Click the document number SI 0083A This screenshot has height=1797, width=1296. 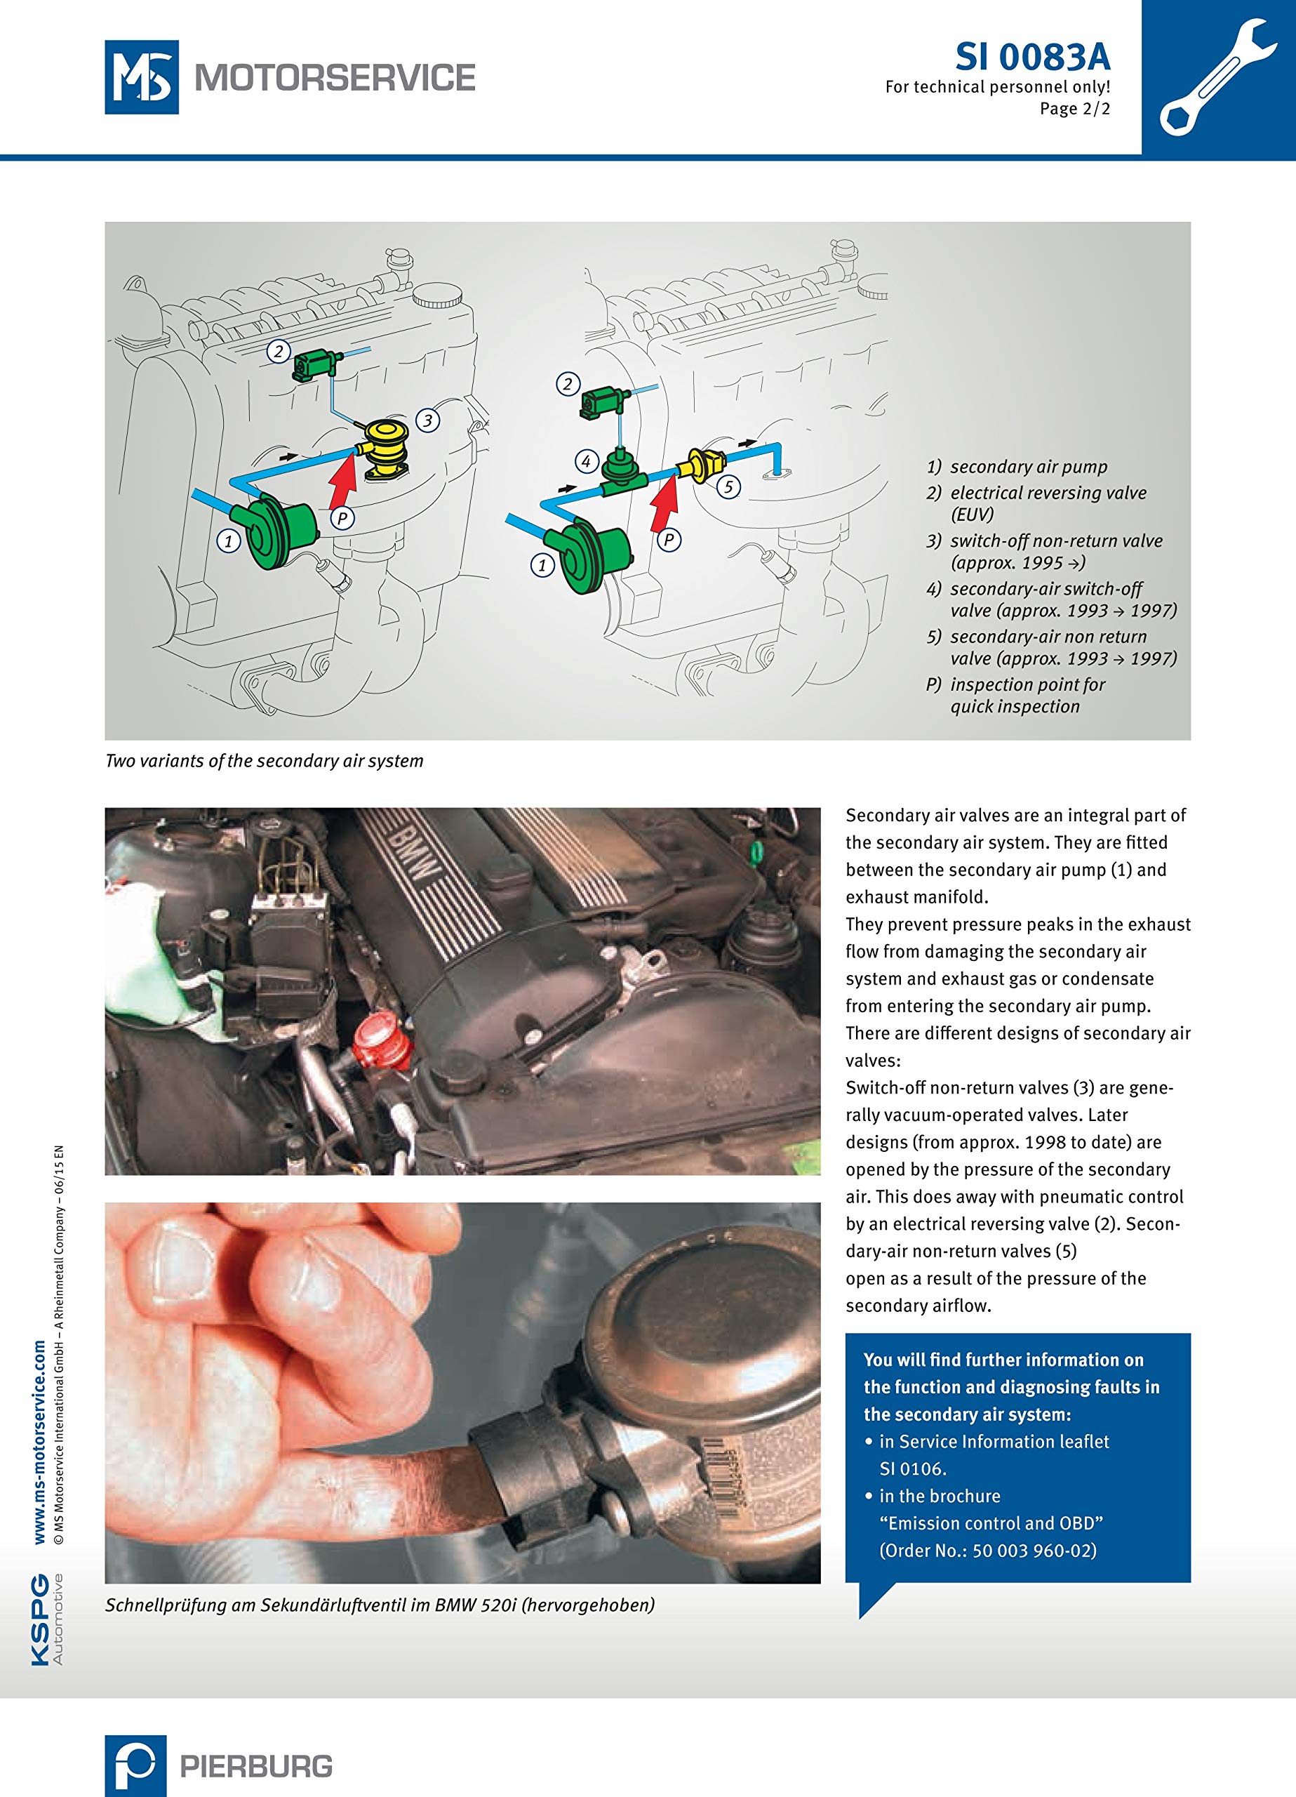[1032, 57]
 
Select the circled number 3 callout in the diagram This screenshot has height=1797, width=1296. [428, 420]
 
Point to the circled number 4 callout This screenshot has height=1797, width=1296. [586, 461]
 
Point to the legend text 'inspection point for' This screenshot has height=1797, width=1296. [1027, 684]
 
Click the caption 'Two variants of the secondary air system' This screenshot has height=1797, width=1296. [265, 761]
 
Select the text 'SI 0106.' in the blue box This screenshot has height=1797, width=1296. [914, 1468]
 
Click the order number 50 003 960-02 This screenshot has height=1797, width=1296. [1034, 1551]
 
